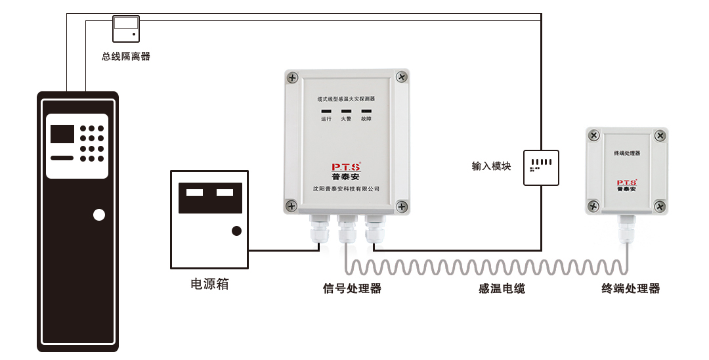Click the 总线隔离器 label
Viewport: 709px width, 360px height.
point(126,56)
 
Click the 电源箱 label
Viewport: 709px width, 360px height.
point(209,284)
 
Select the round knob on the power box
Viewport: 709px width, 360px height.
point(236,231)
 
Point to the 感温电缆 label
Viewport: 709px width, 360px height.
point(502,288)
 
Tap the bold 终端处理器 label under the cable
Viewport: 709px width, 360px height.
point(631,288)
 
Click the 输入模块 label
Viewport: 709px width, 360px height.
point(491,166)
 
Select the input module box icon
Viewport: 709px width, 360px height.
point(542,167)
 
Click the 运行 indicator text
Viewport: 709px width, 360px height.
point(326,119)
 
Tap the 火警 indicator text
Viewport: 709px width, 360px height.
point(346,119)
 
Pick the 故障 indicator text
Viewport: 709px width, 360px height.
point(366,119)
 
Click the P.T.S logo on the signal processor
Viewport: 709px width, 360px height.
point(346,167)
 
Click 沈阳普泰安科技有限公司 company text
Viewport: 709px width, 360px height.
point(347,189)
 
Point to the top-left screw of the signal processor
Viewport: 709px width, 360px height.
point(292,78)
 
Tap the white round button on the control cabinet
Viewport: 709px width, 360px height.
point(99,215)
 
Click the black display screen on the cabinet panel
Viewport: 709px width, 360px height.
point(62,133)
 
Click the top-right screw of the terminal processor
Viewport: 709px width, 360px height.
point(660,136)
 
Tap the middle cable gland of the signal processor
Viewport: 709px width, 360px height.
point(346,231)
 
